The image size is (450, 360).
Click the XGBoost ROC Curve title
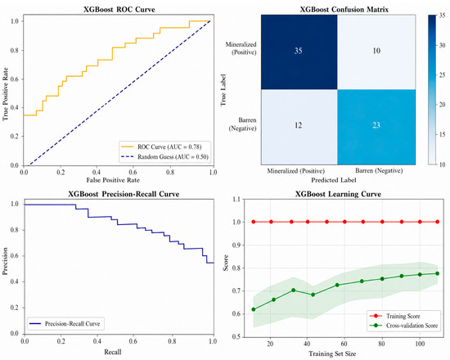[x=119, y=9]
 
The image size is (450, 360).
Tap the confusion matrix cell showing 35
[x=299, y=52]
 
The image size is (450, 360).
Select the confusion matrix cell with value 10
[x=376, y=52]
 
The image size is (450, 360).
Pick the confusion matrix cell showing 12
[x=299, y=127]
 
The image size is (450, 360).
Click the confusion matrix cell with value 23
[x=376, y=127]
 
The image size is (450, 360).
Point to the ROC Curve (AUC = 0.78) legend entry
[x=161, y=147]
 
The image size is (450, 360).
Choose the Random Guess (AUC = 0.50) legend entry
[x=164, y=157]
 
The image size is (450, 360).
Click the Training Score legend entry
[x=395, y=316]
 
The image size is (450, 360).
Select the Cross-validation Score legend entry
[x=404, y=326]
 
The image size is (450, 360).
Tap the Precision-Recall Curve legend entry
[x=65, y=324]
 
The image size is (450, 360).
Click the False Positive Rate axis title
[x=113, y=180]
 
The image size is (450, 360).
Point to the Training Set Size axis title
[x=332, y=353]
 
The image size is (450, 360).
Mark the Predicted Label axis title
[x=334, y=180]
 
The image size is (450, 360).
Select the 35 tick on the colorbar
[x=442, y=16]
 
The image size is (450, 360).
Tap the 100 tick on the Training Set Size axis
[x=420, y=344]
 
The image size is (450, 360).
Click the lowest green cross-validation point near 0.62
[x=254, y=309]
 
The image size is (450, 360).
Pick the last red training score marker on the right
[x=438, y=222]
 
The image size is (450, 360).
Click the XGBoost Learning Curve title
[x=338, y=194]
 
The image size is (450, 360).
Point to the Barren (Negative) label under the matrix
[x=379, y=171]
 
